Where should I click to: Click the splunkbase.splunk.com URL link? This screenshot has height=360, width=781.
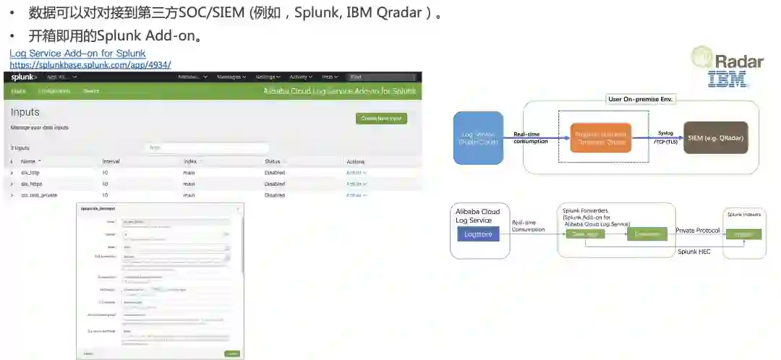click(x=90, y=64)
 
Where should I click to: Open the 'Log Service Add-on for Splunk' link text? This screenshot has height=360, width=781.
click(x=77, y=53)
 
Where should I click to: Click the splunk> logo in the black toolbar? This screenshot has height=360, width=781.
click(x=24, y=77)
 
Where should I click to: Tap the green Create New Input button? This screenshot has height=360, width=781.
click(x=381, y=119)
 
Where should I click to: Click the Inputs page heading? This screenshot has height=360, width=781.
click(x=25, y=112)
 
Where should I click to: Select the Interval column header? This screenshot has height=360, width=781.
click(x=111, y=161)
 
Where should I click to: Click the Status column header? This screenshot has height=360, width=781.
click(x=273, y=161)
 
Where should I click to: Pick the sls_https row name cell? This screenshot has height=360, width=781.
click(x=32, y=184)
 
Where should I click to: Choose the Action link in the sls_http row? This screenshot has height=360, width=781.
click(x=356, y=173)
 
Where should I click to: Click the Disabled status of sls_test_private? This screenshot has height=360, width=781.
click(x=275, y=195)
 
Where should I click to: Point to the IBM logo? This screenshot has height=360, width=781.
click(x=727, y=79)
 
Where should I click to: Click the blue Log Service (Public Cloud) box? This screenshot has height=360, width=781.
click(x=478, y=137)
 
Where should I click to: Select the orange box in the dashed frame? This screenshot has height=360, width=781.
click(x=600, y=137)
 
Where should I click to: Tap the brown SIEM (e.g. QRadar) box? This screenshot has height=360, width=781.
click(x=715, y=137)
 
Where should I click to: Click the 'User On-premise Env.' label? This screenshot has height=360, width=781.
click(x=640, y=98)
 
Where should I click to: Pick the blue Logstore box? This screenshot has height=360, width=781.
click(x=477, y=234)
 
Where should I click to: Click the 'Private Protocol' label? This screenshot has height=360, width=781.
click(x=697, y=230)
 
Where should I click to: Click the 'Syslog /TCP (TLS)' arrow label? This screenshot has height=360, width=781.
click(x=665, y=137)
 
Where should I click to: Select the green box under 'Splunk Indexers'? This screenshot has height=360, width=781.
click(x=743, y=234)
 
